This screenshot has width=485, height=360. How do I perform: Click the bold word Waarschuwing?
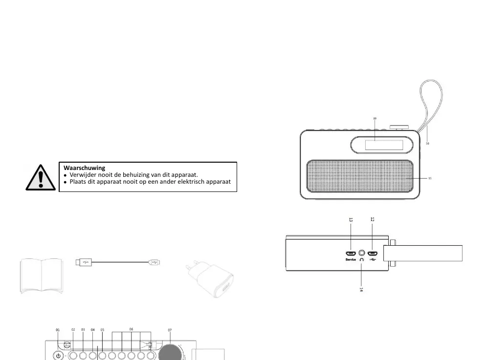[x=84, y=168]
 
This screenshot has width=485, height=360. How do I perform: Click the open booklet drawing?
[x=42, y=276]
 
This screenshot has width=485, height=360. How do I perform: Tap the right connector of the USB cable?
[x=154, y=263]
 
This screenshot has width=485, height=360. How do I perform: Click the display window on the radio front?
[x=381, y=145]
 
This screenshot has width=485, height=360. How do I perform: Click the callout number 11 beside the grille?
[x=430, y=179]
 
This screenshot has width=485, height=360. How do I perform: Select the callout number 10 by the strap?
[x=427, y=143]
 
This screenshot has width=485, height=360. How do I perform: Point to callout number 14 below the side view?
[x=361, y=289]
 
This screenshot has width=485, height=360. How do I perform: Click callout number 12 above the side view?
[x=373, y=220]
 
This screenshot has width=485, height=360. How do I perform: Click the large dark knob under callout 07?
[x=171, y=353]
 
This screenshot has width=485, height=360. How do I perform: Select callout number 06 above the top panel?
[x=131, y=330]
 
